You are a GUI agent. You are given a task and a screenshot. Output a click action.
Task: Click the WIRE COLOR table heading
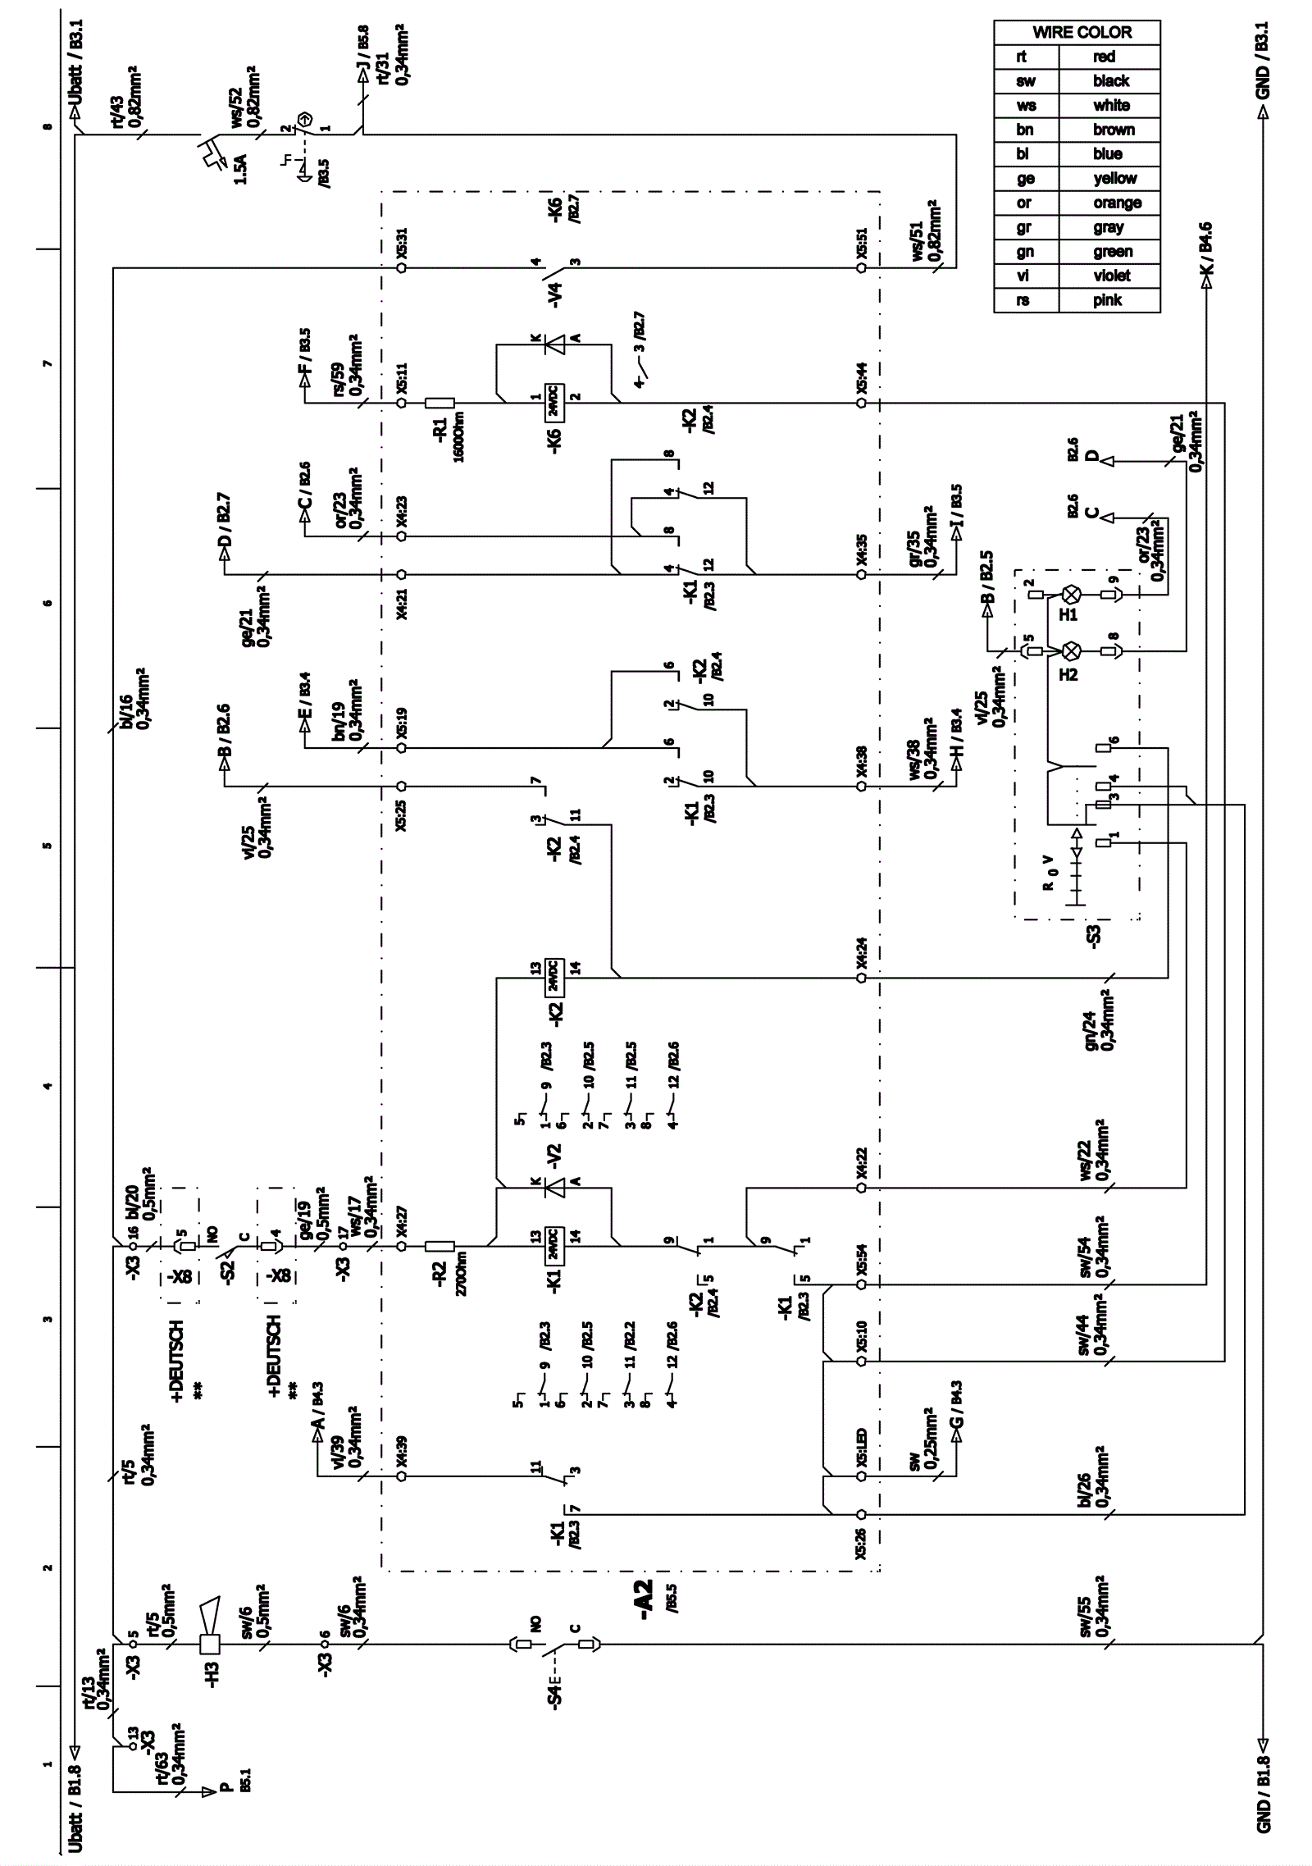[x=1081, y=33]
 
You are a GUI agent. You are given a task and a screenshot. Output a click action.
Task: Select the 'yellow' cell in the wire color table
[x=1114, y=179]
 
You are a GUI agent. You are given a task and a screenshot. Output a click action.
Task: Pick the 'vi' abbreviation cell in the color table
[x=1024, y=276]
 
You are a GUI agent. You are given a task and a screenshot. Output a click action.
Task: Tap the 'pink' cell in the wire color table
[x=1107, y=300]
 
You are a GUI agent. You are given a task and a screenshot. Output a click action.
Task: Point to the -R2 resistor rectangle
[x=440, y=1247]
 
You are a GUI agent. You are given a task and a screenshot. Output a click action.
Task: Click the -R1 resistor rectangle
[x=440, y=403]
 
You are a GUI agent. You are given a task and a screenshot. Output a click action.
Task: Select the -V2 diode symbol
[x=555, y=1186]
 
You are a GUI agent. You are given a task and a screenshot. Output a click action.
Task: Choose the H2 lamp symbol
[x=1071, y=651]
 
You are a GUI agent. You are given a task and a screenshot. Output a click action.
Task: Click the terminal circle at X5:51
[x=861, y=267]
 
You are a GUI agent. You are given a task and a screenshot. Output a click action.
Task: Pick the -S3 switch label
[x=1094, y=933]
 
